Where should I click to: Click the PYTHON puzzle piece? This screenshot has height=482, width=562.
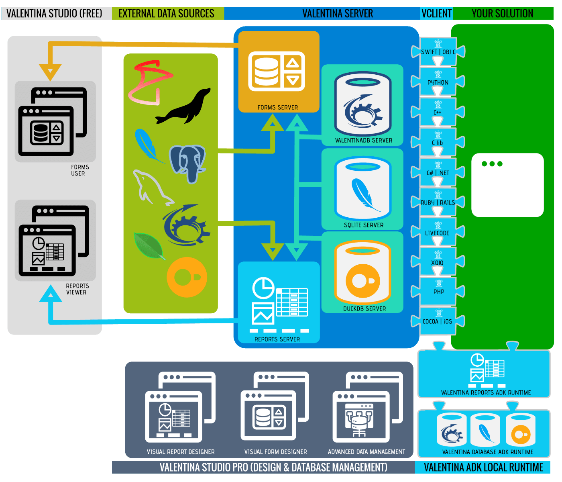(x=438, y=82)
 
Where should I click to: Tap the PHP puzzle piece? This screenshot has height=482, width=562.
(x=438, y=292)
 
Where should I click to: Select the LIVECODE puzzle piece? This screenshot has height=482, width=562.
(x=437, y=233)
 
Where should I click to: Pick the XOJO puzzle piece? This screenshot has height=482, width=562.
(x=437, y=262)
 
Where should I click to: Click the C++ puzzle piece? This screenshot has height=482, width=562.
(x=437, y=112)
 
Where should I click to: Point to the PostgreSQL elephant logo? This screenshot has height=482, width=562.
(x=187, y=163)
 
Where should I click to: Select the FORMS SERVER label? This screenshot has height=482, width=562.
(x=278, y=108)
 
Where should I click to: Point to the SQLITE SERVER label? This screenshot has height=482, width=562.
(x=364, y=225)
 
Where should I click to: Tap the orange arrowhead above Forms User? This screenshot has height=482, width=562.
(x=50, y=72)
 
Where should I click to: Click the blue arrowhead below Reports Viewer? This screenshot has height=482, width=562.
(x=51, y=294)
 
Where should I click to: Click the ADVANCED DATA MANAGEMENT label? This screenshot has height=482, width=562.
(x=367, y=452)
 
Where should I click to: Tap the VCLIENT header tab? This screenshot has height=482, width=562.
(x=437, y=14)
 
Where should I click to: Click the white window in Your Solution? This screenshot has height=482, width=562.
(x=507, y=185)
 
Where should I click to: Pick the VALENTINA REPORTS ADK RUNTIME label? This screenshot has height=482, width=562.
(x=486, y=393)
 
